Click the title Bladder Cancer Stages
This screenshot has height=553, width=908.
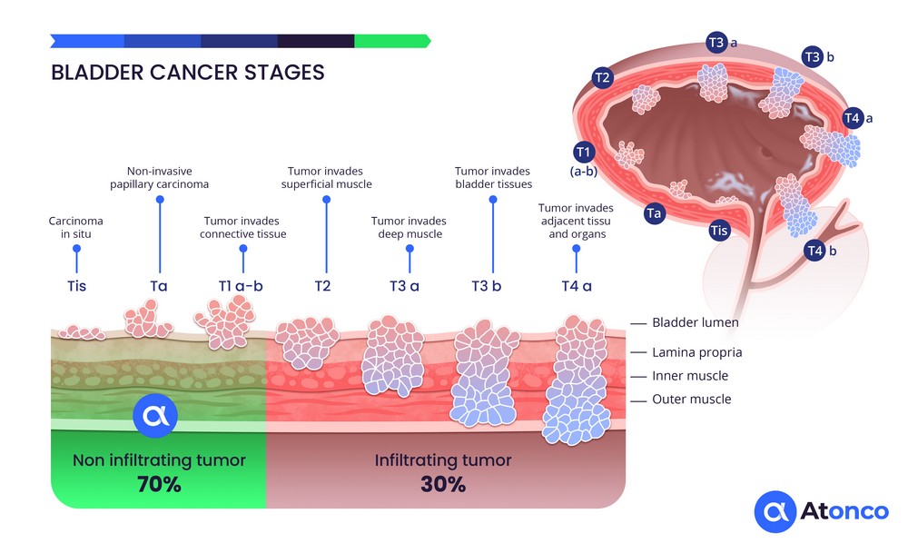(187, 72)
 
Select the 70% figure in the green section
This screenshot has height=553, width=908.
(159, 484)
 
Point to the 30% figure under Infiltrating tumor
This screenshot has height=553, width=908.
(443, 484)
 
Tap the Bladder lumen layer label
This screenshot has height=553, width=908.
(696, 322)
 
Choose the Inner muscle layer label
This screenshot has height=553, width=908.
(690, 376)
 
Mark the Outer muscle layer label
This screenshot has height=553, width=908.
(691, 399)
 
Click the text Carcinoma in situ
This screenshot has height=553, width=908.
(76, 227)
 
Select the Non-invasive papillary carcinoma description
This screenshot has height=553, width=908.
(159, 177)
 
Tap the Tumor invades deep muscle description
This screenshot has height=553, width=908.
(409, 227)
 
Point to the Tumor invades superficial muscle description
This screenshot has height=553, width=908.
(327, 177)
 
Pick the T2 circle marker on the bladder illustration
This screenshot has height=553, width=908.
(601, 77)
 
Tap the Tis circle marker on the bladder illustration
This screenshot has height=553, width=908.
(719, 230)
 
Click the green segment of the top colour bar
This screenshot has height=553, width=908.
(390, 41)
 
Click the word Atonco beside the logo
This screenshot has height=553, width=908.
(844, 513)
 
